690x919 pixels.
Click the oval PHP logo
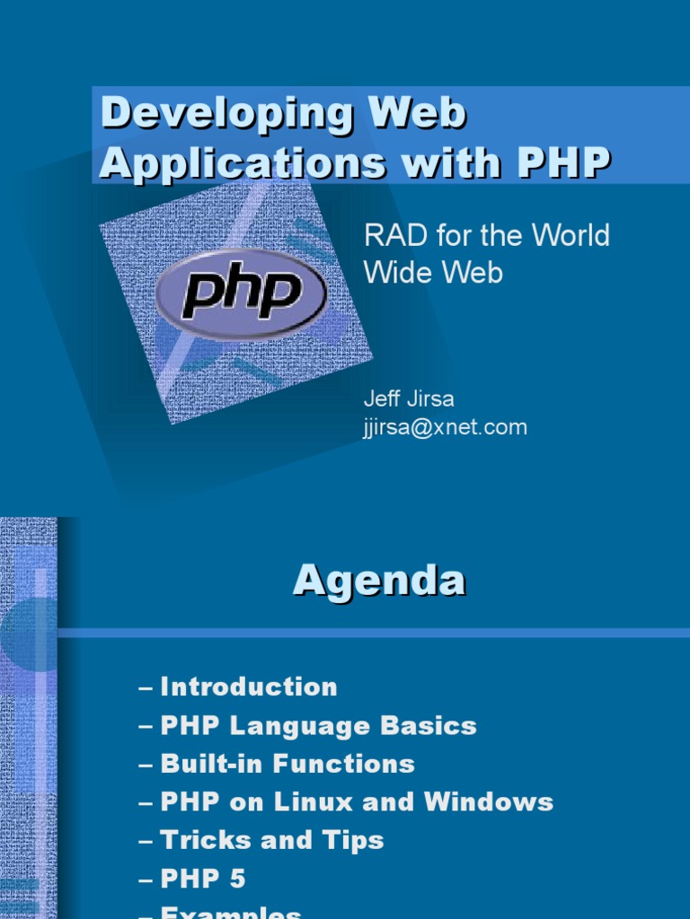(241, 293)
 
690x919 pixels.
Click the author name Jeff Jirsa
(408, 398)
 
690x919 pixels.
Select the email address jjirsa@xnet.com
(444, 427)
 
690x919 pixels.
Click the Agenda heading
(379, 582)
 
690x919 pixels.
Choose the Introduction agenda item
(249, 687)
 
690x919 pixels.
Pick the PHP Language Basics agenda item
(318, 725)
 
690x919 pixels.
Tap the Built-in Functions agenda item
(287, 764)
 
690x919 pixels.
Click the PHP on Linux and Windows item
(357, 802)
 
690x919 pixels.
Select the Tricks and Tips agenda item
(272, 840)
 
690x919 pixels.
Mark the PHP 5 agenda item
(202, 879)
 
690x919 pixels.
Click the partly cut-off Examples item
(231, 912)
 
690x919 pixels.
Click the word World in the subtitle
(570, 236)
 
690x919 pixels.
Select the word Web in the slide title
(422, 114)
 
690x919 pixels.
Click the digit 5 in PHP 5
(236, 879)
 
